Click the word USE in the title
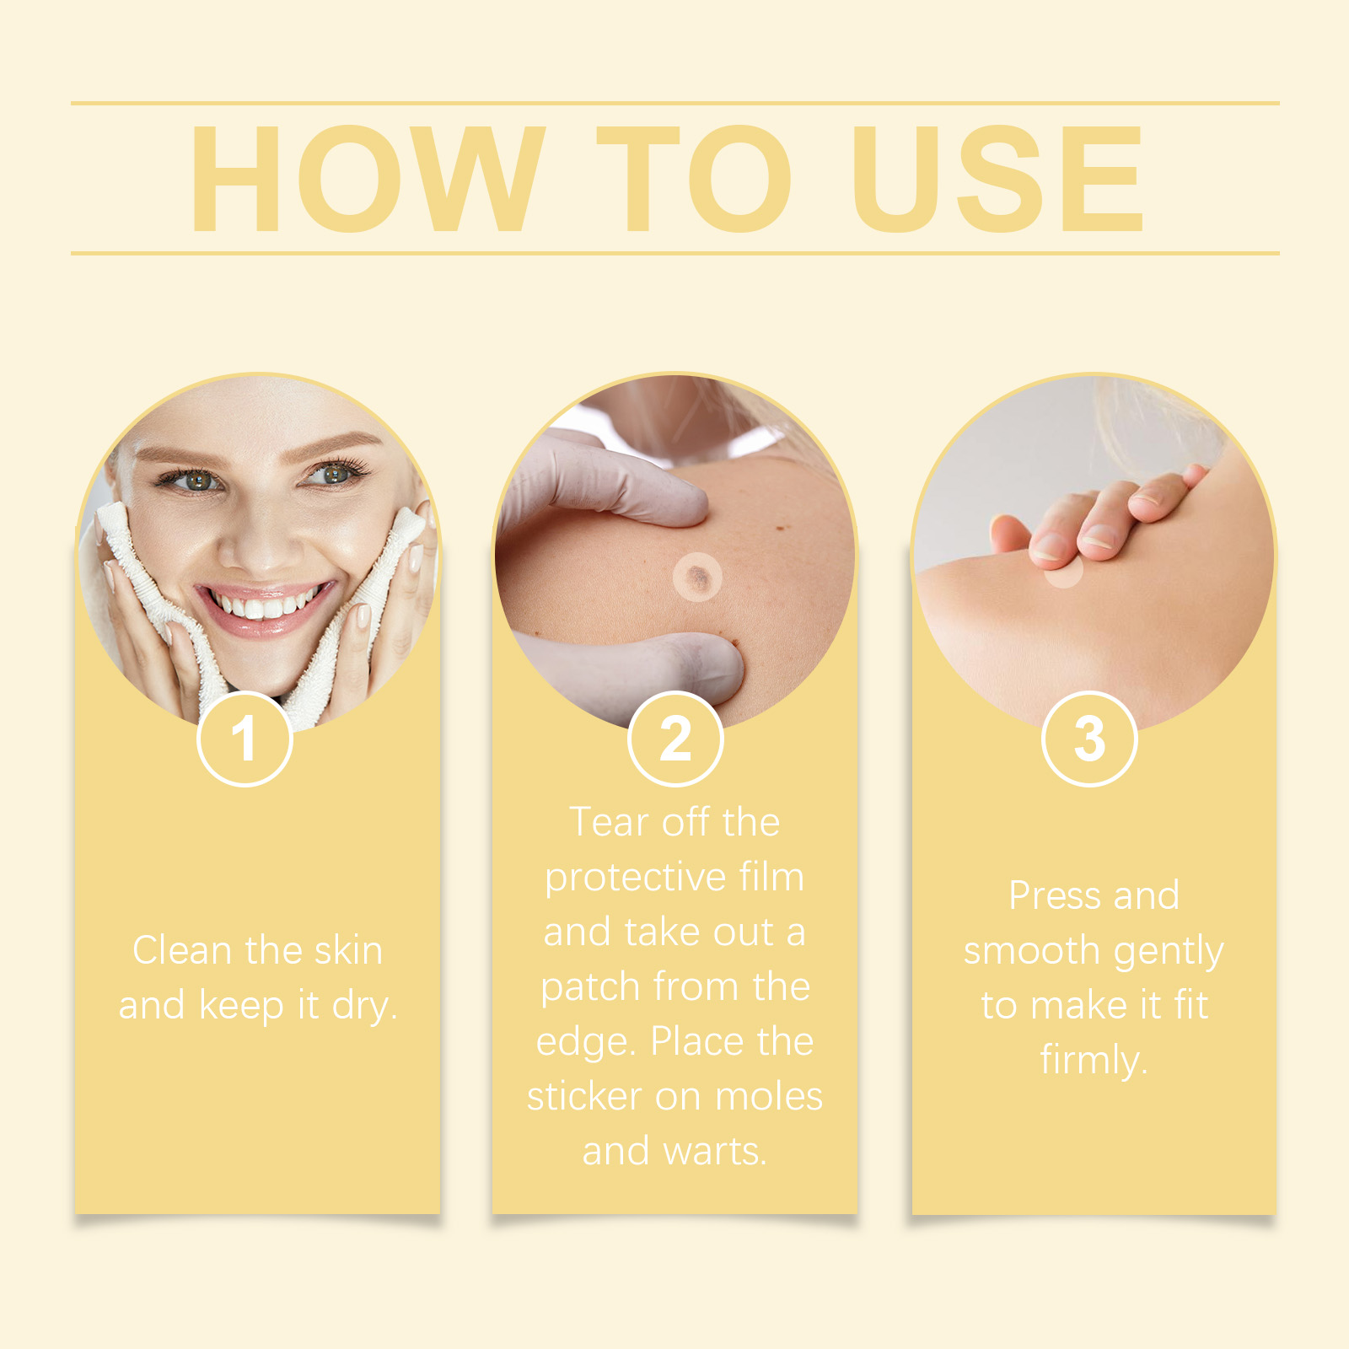997,179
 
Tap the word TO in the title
693,179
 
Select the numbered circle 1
245,739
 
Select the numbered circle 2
675,739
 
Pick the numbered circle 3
1089,739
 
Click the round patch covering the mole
697,578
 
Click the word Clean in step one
182,950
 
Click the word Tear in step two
609,822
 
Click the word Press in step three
1054,895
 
